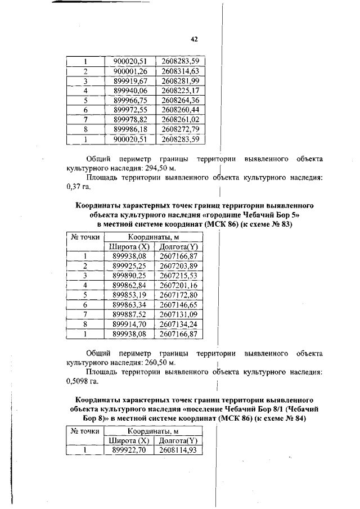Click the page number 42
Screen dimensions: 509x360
coord(194,39)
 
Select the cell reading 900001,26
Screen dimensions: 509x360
coord(130,71)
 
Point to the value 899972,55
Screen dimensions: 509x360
coord(130,109)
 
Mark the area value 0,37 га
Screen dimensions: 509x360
coord(78,187)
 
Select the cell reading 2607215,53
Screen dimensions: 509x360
coord(179,275)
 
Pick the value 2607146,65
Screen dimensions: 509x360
coord(179,305)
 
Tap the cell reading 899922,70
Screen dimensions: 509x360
coord(129,451)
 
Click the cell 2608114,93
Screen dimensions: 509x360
coord(179,451)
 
